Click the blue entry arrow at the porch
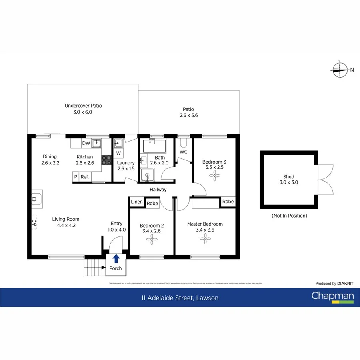[x=116, y=258]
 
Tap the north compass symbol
[x=340, y=70]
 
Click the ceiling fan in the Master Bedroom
[x=205, y=239]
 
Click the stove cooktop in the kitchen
[x=106, y=160]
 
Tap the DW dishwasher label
[x=86, y=143]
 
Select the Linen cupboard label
[x=137, y=202]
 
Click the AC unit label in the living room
[x=34, y=223]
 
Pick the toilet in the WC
[x=184, y=143]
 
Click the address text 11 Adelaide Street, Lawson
[x=180, y=298]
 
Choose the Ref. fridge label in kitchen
[x=85, y=177]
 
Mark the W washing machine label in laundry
[x=118, y=153]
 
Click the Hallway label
[x=158, y=190]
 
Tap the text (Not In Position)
[x=289, y=216]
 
